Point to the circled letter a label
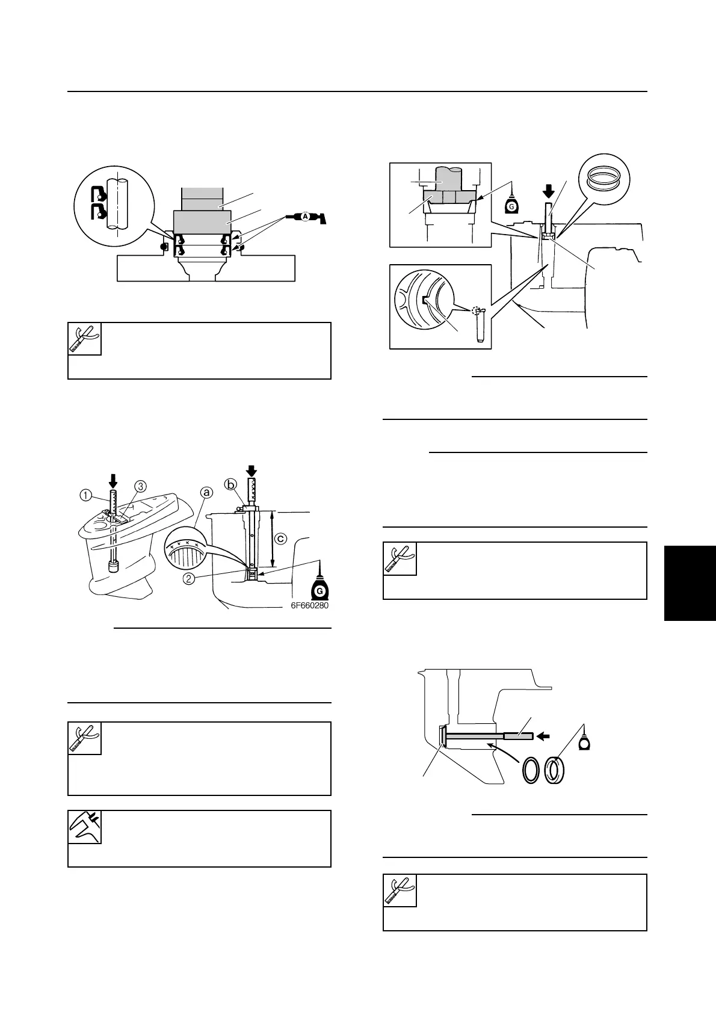tap(206, 492)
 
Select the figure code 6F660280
tap(308, 606)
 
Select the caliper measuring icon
tap(85, 827)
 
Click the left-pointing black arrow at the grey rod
tap(544, 735)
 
